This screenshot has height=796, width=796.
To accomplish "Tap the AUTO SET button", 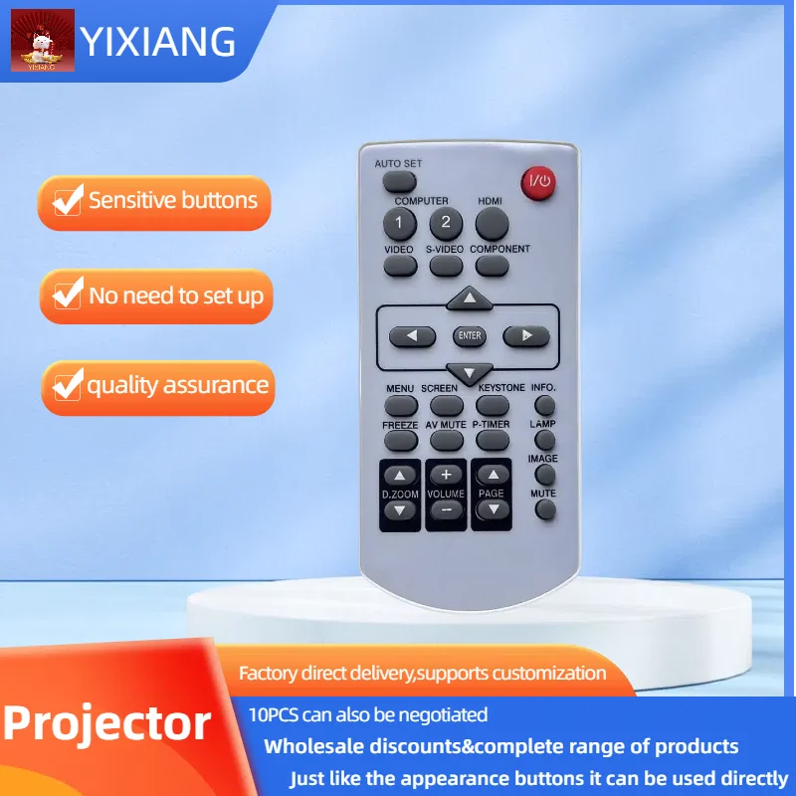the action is pyautogui.click(x=400, y=182).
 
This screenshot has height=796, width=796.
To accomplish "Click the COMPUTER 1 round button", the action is pyautogui.click(x=400, y=223).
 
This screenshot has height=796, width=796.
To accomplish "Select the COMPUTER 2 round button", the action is pyautogui.click(x=446, y=223).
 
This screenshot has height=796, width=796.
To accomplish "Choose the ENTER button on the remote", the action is pyautogui.click(x=470, y=335).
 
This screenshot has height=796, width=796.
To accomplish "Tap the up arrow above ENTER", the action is pyautogui.click(x=470, y=298).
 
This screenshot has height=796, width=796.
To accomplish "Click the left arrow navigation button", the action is pyautogui.click(x=412, y=336).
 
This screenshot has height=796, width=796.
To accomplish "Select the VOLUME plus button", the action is pyautogui.click(x=446, y=475).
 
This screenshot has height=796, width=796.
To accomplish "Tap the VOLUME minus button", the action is pyautogui.click(x=446, y=509).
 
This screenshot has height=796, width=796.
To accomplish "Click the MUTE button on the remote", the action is pyautogui.click(x=545, y=509).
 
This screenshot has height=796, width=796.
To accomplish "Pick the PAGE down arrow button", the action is pyautogui.click(x=493, y=509).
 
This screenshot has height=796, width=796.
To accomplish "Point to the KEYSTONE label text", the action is pyautogui.click(x=501, y=387).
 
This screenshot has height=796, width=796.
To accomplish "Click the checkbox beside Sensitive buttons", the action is pyautogui.click(x=68, y=201).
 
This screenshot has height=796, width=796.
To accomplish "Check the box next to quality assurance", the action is pyautogui.click(x=68, y=385).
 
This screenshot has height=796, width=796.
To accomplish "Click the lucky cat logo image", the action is pyautogui.click(x=43, y=40).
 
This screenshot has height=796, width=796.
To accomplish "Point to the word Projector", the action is pyautogui.click(x=106, y=724).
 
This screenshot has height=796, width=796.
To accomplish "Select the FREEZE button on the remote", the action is pyautogui.click(x=401, y=441).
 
